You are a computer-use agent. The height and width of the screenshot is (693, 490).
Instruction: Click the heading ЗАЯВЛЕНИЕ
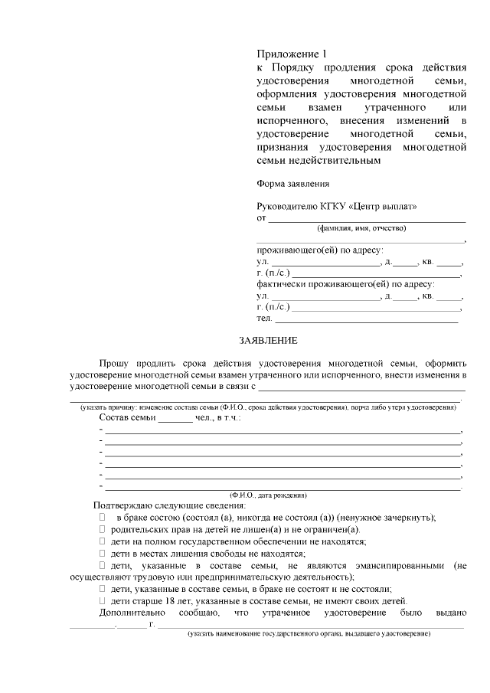click(x=268, y=340)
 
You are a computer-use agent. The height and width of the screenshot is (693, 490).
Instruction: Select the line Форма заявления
click(x=293, y=183)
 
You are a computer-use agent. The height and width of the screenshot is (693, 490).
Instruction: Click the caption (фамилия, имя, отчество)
click(x=361, y=228)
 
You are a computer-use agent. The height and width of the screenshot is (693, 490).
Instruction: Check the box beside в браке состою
click(x=102, y=518)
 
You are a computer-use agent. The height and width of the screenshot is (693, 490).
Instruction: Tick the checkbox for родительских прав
click(x=102, y=529)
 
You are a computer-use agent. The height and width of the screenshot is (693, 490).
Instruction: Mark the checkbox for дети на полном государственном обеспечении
click(x=102, y=541)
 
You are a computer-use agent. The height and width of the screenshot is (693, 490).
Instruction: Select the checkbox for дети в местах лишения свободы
click(x=102, y=554)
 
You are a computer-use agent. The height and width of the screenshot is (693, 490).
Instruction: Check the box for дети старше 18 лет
click(x=102, y=601)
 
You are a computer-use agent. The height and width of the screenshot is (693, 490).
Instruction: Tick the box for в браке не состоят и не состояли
click(x=102, y=589)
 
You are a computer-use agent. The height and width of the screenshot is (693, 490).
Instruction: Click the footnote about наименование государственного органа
click(x=309, y=635)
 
